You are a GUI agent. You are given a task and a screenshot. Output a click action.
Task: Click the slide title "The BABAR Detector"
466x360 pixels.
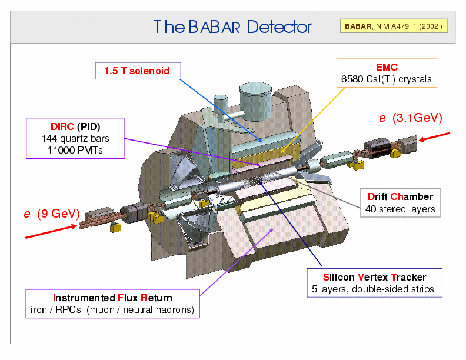[x=232, y=27]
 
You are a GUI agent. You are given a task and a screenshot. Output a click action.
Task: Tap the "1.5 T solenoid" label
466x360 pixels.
[x=137, y=71]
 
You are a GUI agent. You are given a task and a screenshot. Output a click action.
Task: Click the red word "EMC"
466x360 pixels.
[x=387, y=68]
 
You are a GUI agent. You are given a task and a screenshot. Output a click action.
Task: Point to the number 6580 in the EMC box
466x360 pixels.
[x=352, y=79]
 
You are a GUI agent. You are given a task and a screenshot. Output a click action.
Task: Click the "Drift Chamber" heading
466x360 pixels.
[x=400, y=196]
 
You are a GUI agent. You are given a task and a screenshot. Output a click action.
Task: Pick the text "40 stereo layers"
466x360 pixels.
[x=400, y=209]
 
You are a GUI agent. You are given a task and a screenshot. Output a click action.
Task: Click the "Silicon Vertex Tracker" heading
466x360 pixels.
[x=374, y=277]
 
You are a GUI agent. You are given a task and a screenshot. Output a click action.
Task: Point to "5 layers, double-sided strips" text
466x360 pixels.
[x=374, y=289]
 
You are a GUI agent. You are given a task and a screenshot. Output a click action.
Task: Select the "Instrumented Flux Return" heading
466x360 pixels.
[x=112, y=297]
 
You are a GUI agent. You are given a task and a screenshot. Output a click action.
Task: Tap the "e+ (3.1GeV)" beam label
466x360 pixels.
[x=410, y=118]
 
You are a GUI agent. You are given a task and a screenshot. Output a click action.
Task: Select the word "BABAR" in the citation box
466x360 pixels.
[x=358, y=26]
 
